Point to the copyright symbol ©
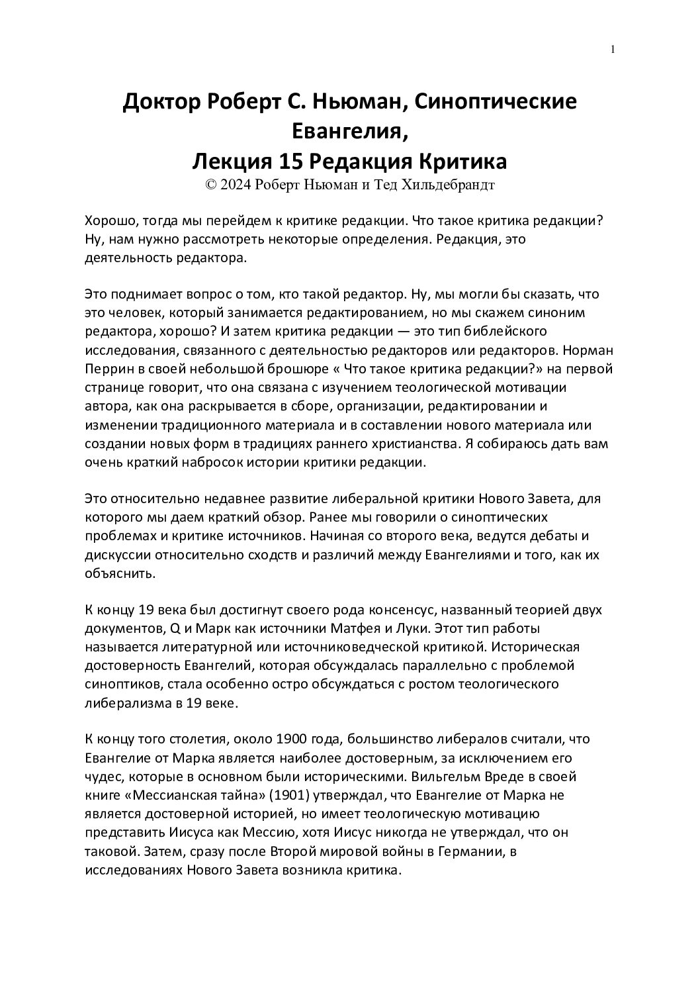pos(211,185)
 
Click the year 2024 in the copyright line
pos(236,185)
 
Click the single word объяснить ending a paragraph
pos(120,573)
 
